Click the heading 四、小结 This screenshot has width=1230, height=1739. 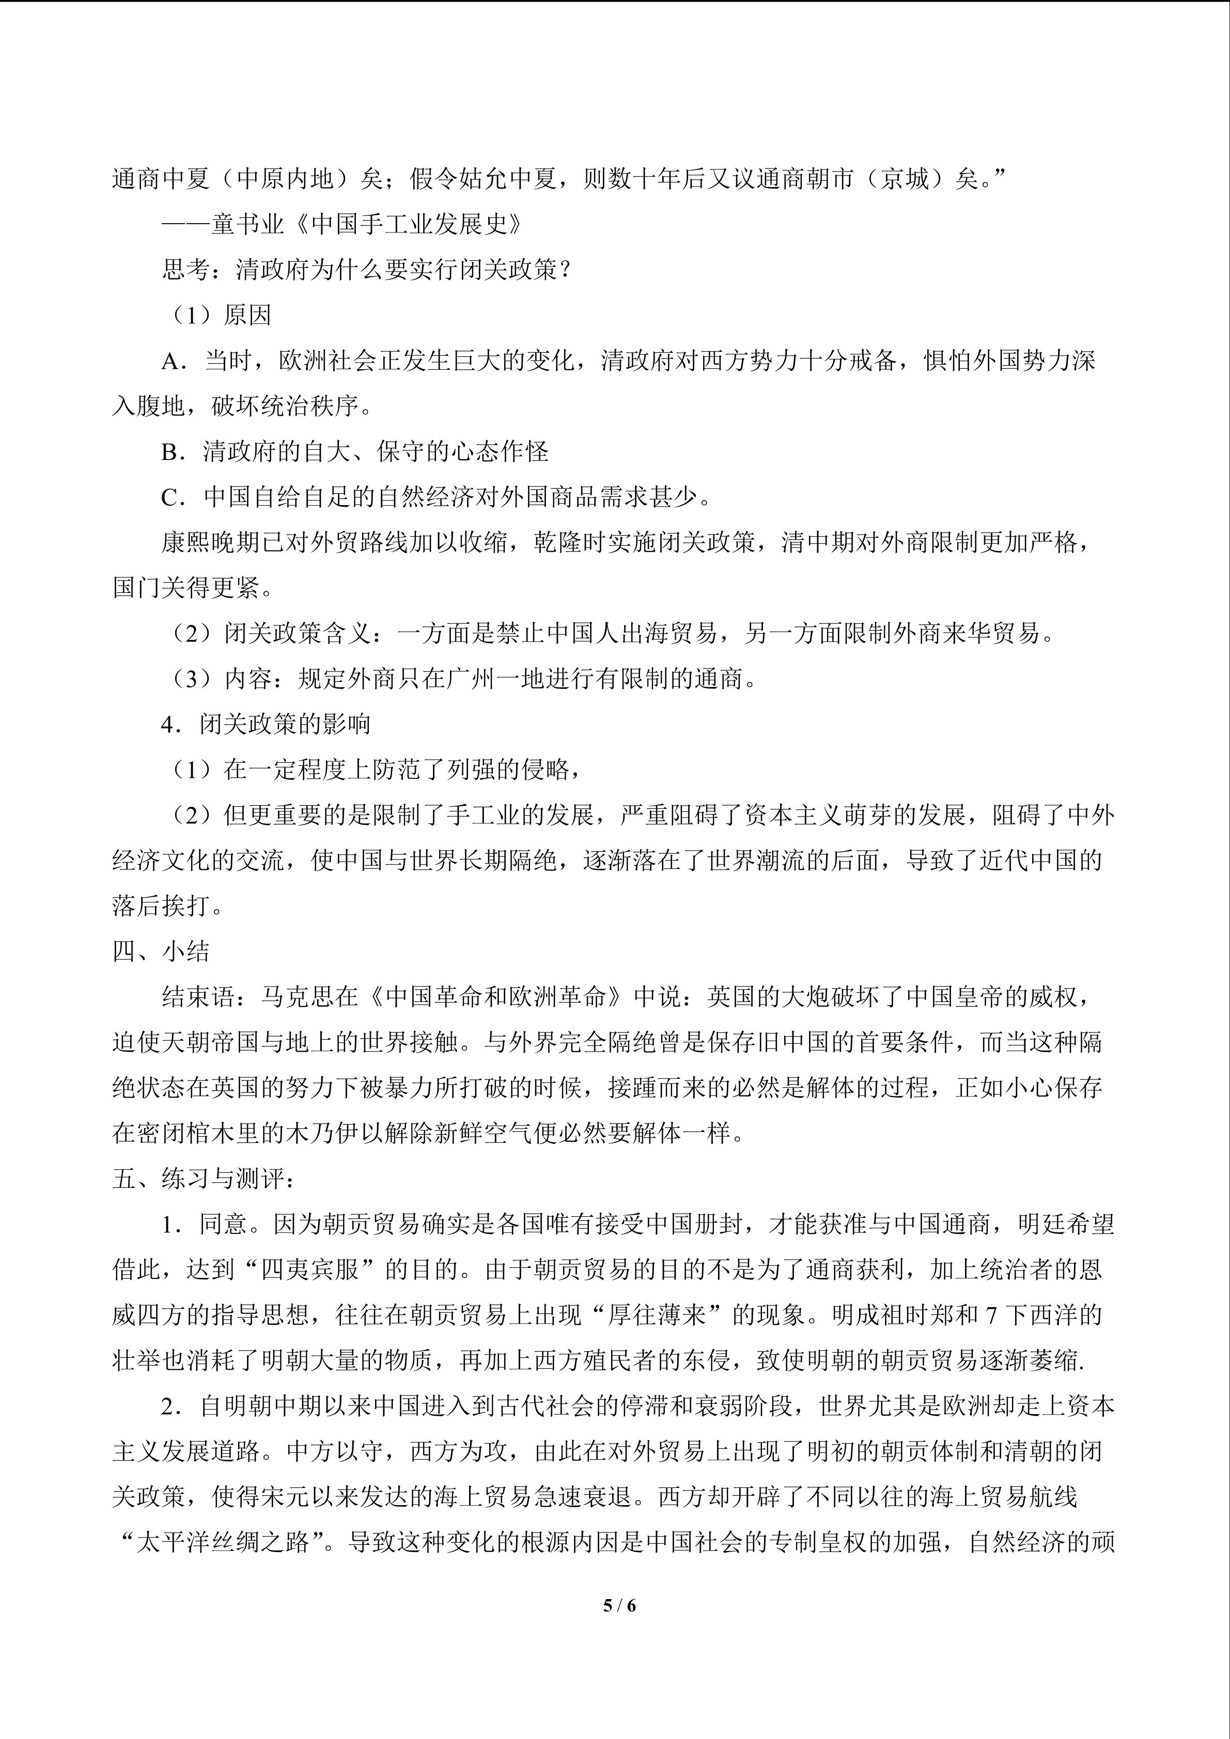[161, 951]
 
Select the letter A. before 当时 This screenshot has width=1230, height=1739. [174, 362]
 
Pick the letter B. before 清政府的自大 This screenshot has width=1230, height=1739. [174, 452]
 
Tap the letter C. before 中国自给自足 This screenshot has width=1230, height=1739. [174, 497]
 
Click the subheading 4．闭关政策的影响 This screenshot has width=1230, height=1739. [265, 724]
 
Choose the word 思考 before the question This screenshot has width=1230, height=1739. [185, 270]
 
